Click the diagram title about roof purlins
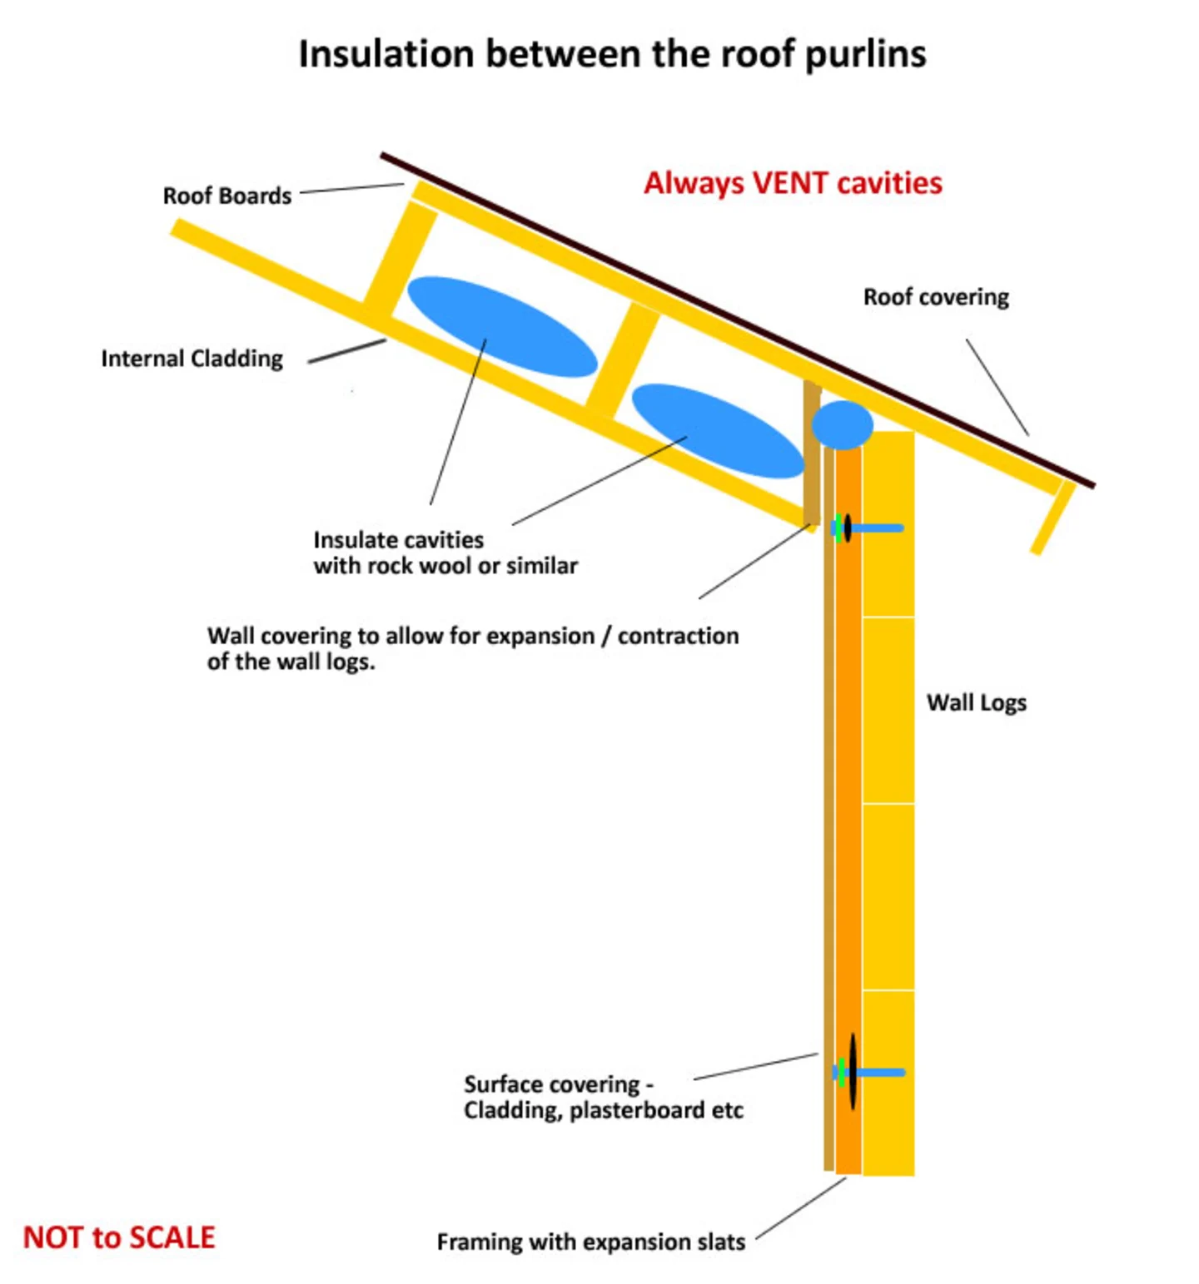pyautogui.click(x=612, y=55)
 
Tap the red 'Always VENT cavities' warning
pyautogui.click(x=793, y=183)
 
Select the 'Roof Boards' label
pyautogui.click(x=226, y=196)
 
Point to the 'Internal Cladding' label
pyautogui.click(x=192, y=359)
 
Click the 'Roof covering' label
pyautogui.click(x=936, y=297)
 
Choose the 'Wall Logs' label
pyautogui.click(x=976, y=703)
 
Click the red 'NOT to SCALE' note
pyautogui.click(x=119, y=1237)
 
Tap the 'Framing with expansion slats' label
pyautogui.click(x=590, y=1242)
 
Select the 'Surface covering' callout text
pyautogui.click(x=603, y=1097)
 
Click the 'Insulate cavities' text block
pyautogui.click(x=445, y=553)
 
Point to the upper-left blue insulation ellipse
pyautogui.click(x=501, y=326)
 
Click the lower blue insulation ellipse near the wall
pyautogui.click(x=717, y=431)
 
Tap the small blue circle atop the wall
pyautogui.click(x=842, y=424)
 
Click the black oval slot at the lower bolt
pyautogui.click(x=853, y=1072)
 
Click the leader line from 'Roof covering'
pyautogui.click(x=997, y=386)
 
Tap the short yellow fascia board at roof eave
pyautogui.click(x=1052, y=518)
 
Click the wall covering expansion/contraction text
pyautogui.click(x=472, y=648)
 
